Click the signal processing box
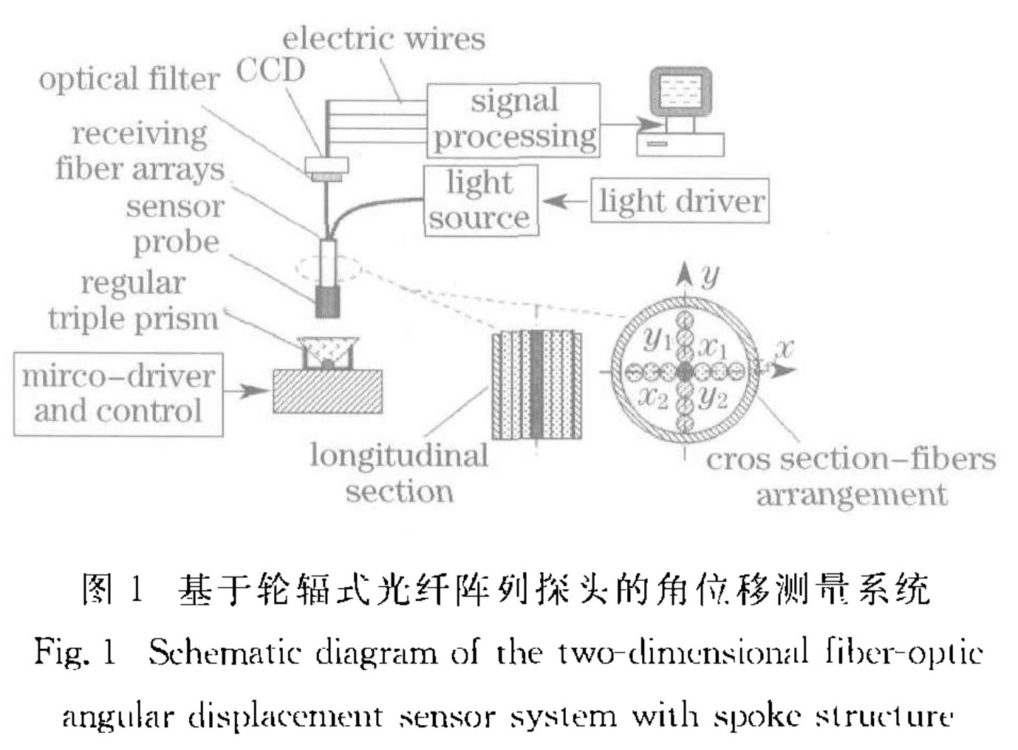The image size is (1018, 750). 513,120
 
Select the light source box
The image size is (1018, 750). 480,200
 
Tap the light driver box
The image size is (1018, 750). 680,201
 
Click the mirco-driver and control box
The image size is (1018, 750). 118,393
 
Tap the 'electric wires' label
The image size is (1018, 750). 383,38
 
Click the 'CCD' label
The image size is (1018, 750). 270,71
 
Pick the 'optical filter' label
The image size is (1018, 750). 129,80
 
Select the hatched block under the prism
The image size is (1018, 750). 327,391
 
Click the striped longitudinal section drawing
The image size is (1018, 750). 537,385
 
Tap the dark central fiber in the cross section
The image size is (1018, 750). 685,371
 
